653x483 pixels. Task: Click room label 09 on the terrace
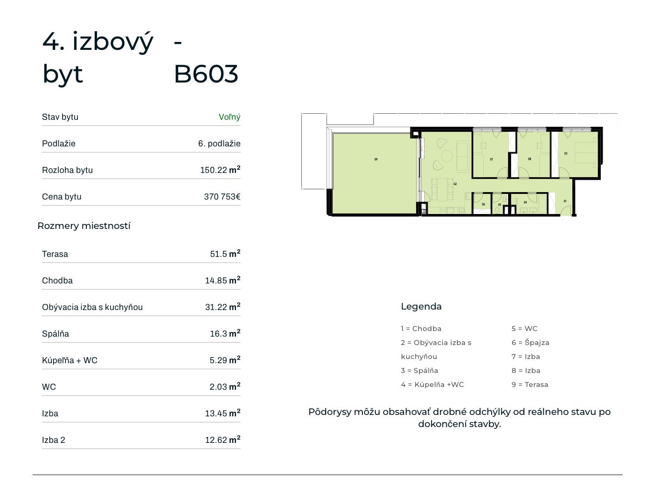tap(375, 159)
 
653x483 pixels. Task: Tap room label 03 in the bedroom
tap(566, 153)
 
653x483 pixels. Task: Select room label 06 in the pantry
tap(483, 204)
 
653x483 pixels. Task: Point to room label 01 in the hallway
tap(565, 201)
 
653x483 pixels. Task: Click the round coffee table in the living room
tap(447, 156)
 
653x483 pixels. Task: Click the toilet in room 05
tap(497, 210)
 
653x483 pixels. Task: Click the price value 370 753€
tap(222, 197)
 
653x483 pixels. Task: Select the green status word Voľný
tap(229, 117)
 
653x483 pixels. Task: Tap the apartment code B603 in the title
tap(206, 74)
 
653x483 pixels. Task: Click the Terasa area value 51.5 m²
tap(225, 254)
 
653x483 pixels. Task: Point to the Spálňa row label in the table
tap(56, 334)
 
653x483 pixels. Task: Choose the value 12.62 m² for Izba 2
tap(222, 440)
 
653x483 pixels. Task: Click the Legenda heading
tap(421, 307)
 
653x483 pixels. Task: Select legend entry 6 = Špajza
tap(530, 343)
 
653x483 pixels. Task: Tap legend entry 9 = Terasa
tap(530, 385)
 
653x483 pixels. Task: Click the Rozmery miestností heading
tap(84, 226)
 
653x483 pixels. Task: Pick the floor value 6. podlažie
tap(219, 144)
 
